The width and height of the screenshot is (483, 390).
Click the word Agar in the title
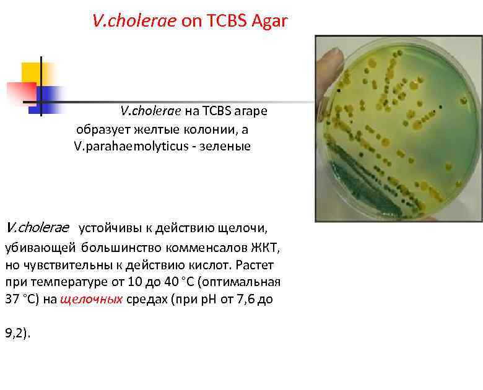click(270, 22)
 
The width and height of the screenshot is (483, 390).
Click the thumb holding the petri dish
click(328, 68)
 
